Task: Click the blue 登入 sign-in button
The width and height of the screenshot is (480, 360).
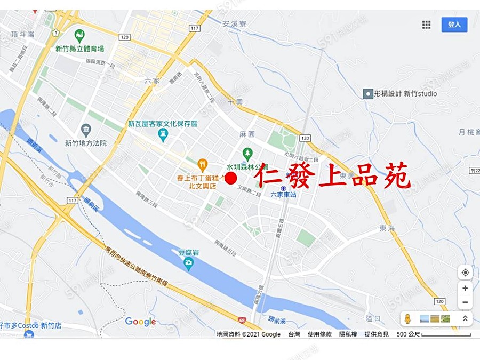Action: pos(454,25)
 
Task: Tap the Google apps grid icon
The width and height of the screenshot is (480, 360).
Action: pos(426,25)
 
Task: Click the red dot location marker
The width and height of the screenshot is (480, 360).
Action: pos(231,178)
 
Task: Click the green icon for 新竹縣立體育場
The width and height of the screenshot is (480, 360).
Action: pos(79,36)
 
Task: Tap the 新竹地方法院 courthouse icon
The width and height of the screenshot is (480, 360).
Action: pos(86,130)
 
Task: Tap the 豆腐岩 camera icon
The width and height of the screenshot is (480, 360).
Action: pos(188,263)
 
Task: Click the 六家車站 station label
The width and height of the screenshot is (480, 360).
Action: pos(284,195)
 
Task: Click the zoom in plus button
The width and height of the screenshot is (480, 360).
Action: pos(465,289)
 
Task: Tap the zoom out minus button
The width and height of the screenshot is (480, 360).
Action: pos(465,302)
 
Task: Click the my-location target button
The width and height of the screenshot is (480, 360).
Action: pos(465,273)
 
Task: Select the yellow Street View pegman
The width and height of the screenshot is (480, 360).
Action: pos(408,319)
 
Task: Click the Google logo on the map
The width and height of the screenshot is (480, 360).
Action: pos(140,321)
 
